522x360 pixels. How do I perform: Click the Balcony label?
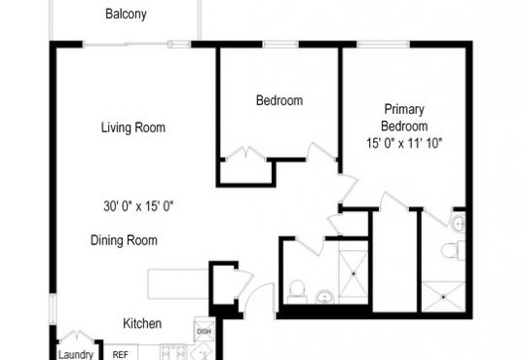click(126, 14)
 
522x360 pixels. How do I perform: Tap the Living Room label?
click(133, 127)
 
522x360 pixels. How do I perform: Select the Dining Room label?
click(124, 240)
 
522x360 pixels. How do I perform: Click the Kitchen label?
click(142, 323)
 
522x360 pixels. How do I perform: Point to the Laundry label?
click(76, 355)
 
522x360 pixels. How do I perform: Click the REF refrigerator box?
click(121, 352)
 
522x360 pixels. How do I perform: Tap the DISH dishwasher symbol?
click(204, 331)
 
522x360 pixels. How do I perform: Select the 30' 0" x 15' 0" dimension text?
click(138, 206)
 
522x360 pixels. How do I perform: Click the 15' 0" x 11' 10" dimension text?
click(404, 143)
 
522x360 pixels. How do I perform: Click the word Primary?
click(404, 110)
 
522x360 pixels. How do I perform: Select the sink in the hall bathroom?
click(324, 297)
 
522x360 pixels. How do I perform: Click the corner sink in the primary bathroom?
click(459, 223)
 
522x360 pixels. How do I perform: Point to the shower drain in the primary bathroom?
click(443, 297)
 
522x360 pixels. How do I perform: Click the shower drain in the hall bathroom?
click(354, 273)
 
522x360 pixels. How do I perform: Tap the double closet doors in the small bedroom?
click(245, 154)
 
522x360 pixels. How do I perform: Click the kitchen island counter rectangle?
click(179, 284)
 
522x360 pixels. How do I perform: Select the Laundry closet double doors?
click(76, 336)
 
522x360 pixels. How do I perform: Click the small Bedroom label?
click(280, 100)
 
